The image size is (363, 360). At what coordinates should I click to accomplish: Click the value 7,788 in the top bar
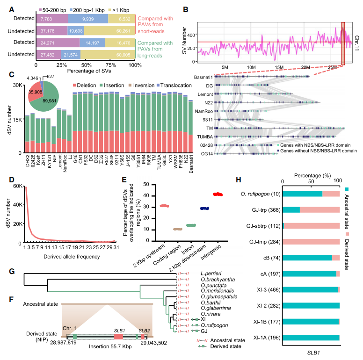(46, 19)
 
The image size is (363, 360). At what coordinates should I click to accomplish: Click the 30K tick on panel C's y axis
(18, 85)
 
